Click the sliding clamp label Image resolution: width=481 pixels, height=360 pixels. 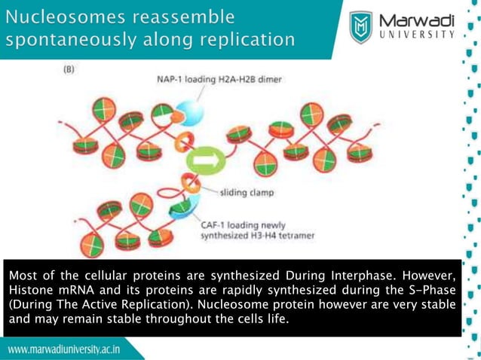point(247,193)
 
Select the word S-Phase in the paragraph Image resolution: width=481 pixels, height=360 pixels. point(433,288)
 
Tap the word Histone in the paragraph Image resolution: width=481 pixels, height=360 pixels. point(29,288)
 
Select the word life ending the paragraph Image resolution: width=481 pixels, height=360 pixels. point(276,320)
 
